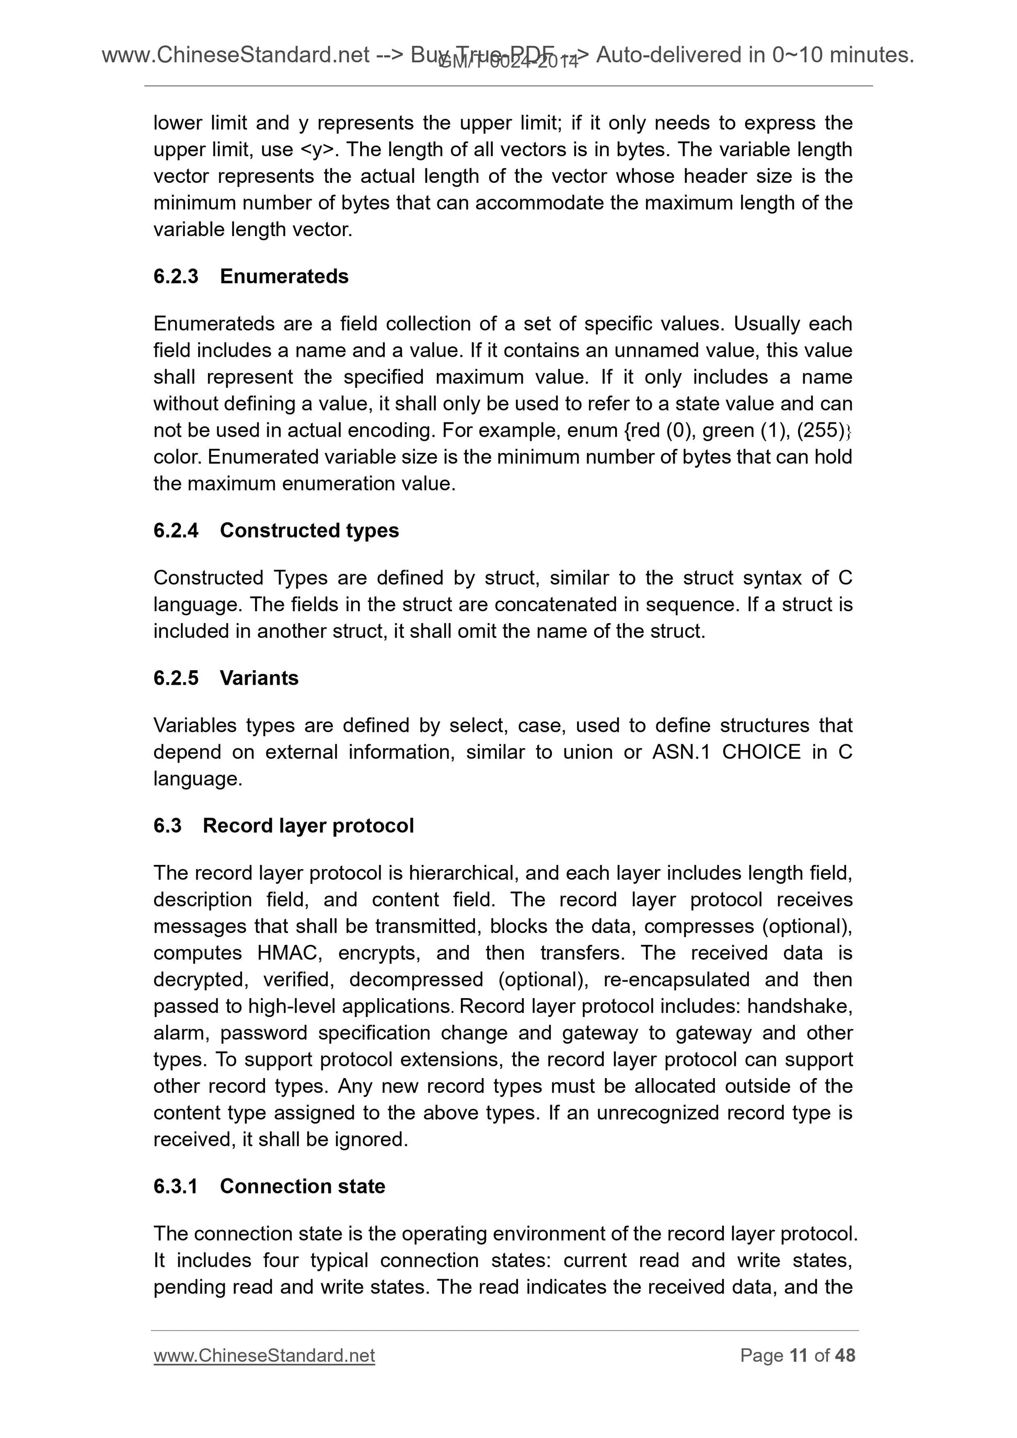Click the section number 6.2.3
(176, 276)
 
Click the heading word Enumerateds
(284, 276)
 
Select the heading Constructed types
(309, 531)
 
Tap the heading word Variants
(259, 679)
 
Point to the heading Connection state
(302, 1186)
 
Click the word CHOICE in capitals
(761, 752)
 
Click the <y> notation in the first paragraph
(319, 150)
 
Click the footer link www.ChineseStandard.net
(264, 1355)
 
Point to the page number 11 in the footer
(799, 1355)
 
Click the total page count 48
(845, 1355)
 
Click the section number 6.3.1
(176, 1186)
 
